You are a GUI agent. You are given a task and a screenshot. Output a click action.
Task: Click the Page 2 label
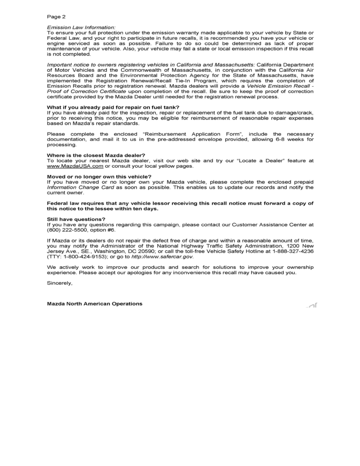coord(56,17)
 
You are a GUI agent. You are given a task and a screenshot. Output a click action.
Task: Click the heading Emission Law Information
coord(81,27)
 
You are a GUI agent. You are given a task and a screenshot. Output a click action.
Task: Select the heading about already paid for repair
coord(113,107)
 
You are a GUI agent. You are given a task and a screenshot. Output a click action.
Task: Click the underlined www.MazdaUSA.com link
coord(75,166)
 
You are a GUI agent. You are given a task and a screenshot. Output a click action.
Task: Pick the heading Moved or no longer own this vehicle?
coord(99,177)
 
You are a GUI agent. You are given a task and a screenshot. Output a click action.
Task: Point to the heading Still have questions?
coord(76,219)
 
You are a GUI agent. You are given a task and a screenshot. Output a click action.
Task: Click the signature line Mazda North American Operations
coord(95,304)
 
